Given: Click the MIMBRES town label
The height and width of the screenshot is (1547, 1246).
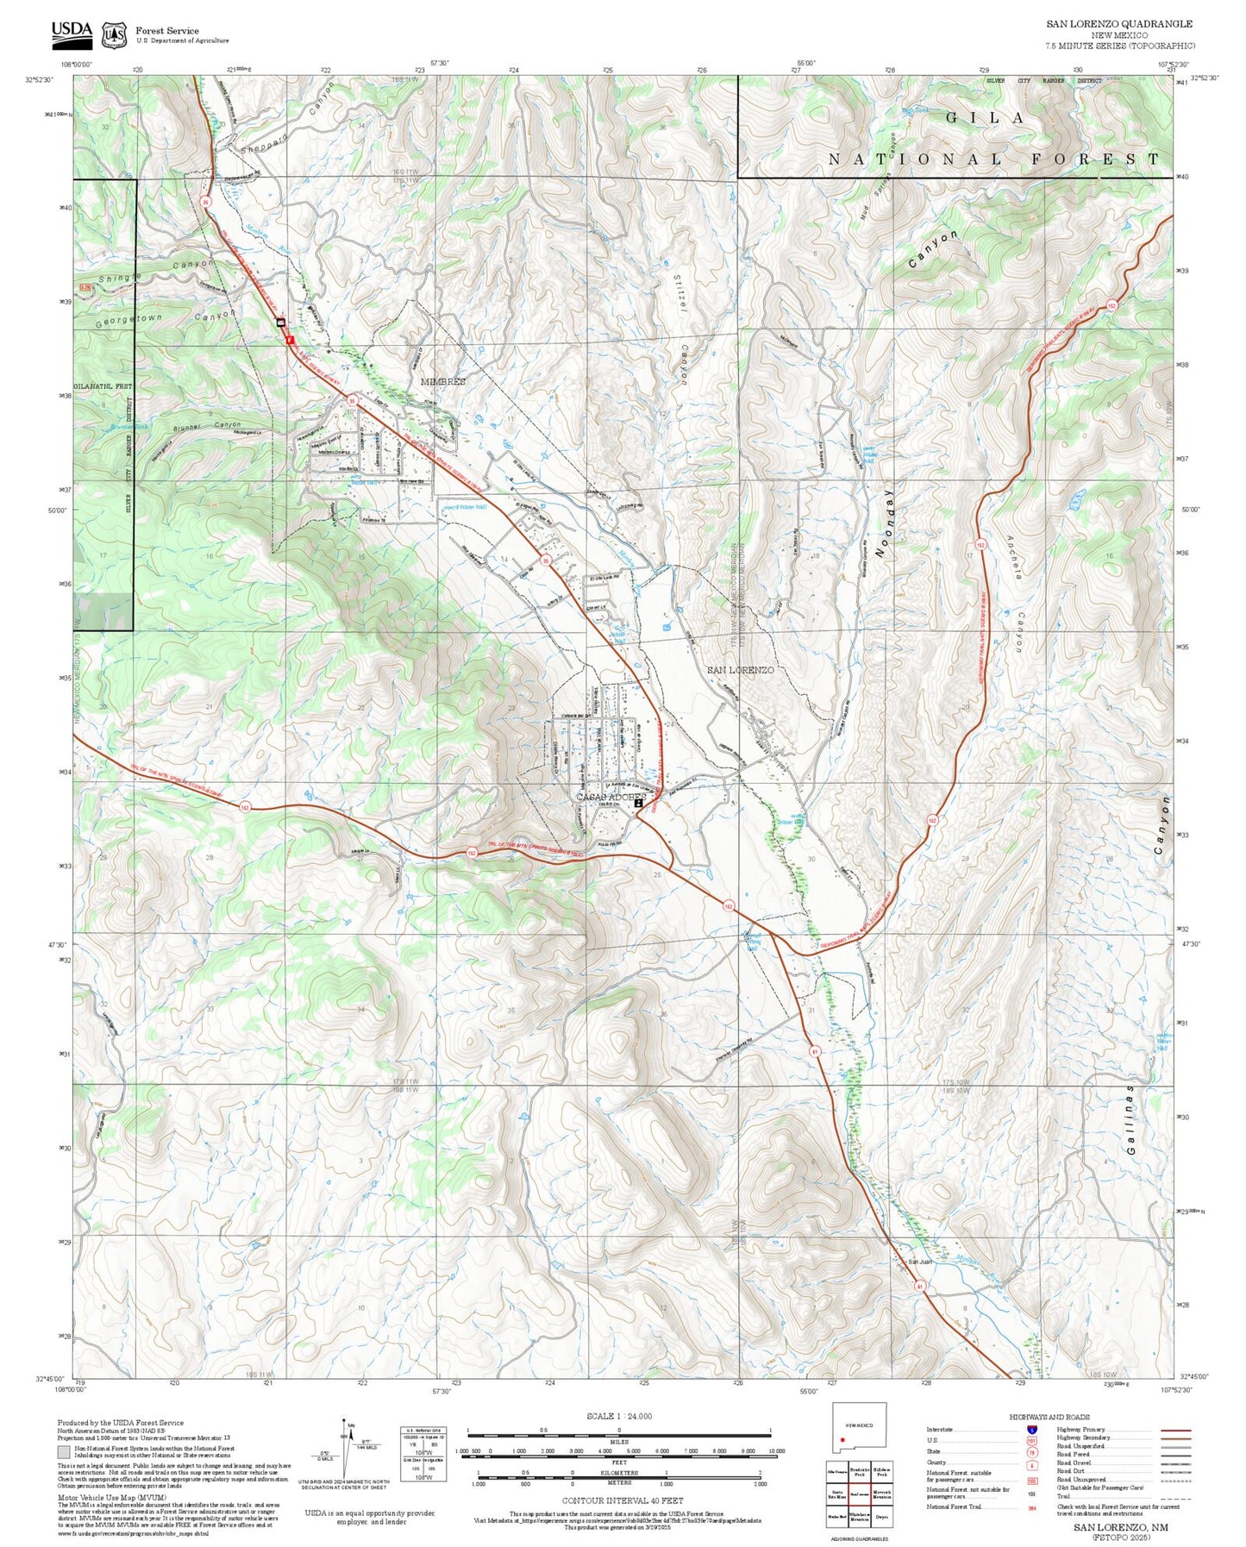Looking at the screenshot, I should point(442,381).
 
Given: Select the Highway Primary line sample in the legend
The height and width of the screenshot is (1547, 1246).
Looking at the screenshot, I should point(1174,1429).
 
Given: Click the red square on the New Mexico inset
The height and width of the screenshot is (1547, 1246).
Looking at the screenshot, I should point(842,1439).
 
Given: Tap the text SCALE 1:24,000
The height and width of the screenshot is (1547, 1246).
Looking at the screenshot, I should point(618,1416).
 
